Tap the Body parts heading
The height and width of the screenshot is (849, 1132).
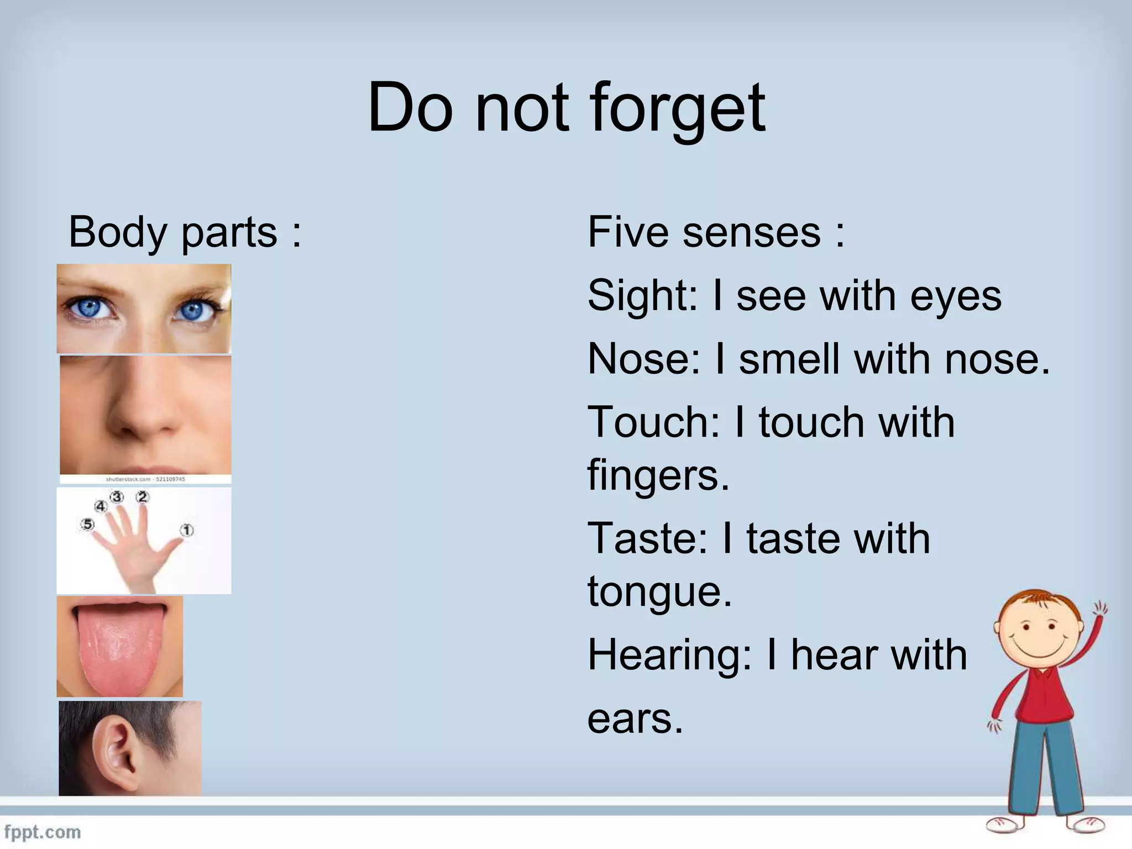[x=184, y=232]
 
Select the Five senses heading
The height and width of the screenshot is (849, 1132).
[x=716, y=232]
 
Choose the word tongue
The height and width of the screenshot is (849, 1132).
[x=659, y=591]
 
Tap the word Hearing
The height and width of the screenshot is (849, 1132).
[x=669, y=656]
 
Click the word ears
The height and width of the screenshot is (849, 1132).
[x=635, y=719]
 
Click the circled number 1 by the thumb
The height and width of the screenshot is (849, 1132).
[x=187, y=531]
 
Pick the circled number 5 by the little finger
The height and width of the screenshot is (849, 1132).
[x=87, y=524]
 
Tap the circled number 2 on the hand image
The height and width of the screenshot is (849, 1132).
[x=143, y=497]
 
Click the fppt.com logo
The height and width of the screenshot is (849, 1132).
[x=43, y=832]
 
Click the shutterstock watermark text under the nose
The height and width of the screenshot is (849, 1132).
[x=145, y=479]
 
